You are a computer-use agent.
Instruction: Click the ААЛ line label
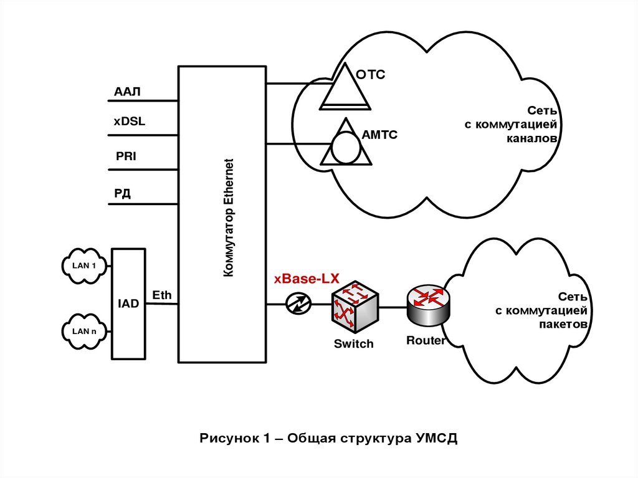[x=127, y=92]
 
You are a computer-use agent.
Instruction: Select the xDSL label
[x=129, y=122]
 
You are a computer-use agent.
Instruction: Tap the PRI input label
[x=126, y=156]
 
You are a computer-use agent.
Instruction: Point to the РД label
[x=122, y=194]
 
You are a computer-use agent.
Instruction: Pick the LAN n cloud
[x=85, y=330]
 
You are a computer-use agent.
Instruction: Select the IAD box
[x=129, y=304]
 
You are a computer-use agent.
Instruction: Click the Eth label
[x=162, y=295]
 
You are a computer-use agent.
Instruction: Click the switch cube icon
[x=353, y=306]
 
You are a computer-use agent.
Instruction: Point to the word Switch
[x=353, y=343]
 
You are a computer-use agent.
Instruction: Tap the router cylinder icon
[x=428, y=305]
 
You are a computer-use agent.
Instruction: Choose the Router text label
[x=426, y=340]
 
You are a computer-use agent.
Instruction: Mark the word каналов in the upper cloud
[x=530, y=139]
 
